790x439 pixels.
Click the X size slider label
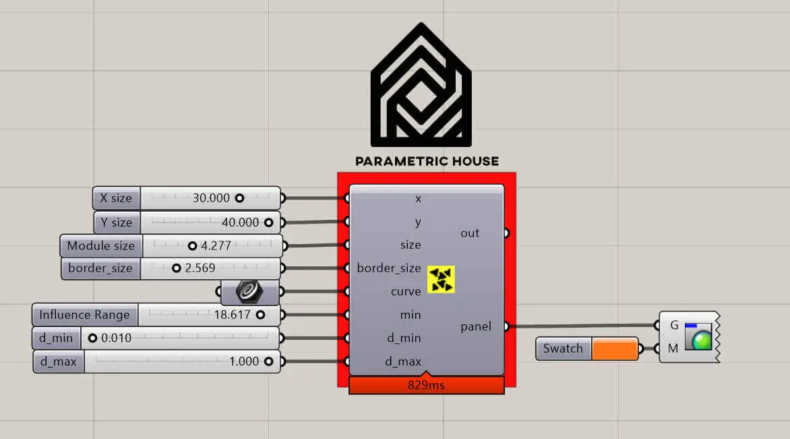(117, 198)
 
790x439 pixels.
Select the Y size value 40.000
(240, 223)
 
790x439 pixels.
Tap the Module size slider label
(100, 245)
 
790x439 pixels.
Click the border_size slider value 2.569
(200, 268)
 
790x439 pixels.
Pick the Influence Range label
(84, 315)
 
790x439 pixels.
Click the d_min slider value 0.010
(116, 338)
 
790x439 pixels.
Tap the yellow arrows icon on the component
(442, 279)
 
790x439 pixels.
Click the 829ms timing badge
(426, 386)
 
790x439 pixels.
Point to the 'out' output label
(470, 233)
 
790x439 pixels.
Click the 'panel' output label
(476, 326)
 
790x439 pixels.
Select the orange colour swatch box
(614, 349)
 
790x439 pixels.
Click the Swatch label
(563, 349)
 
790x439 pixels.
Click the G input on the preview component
(674, 325)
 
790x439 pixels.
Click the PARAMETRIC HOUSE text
(427, 161)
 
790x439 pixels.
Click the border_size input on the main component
(389, 268)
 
